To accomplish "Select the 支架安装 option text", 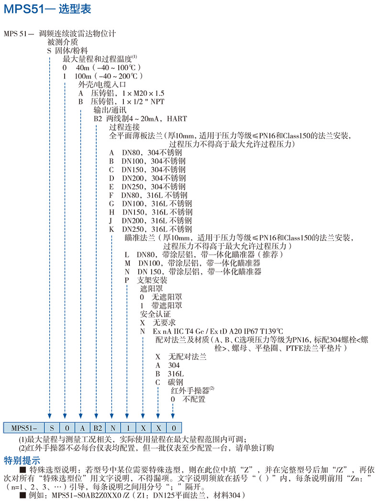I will click(152, 280).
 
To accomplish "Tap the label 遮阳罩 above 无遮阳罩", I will click(151, 289).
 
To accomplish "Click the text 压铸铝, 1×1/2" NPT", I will click(128, 102).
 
